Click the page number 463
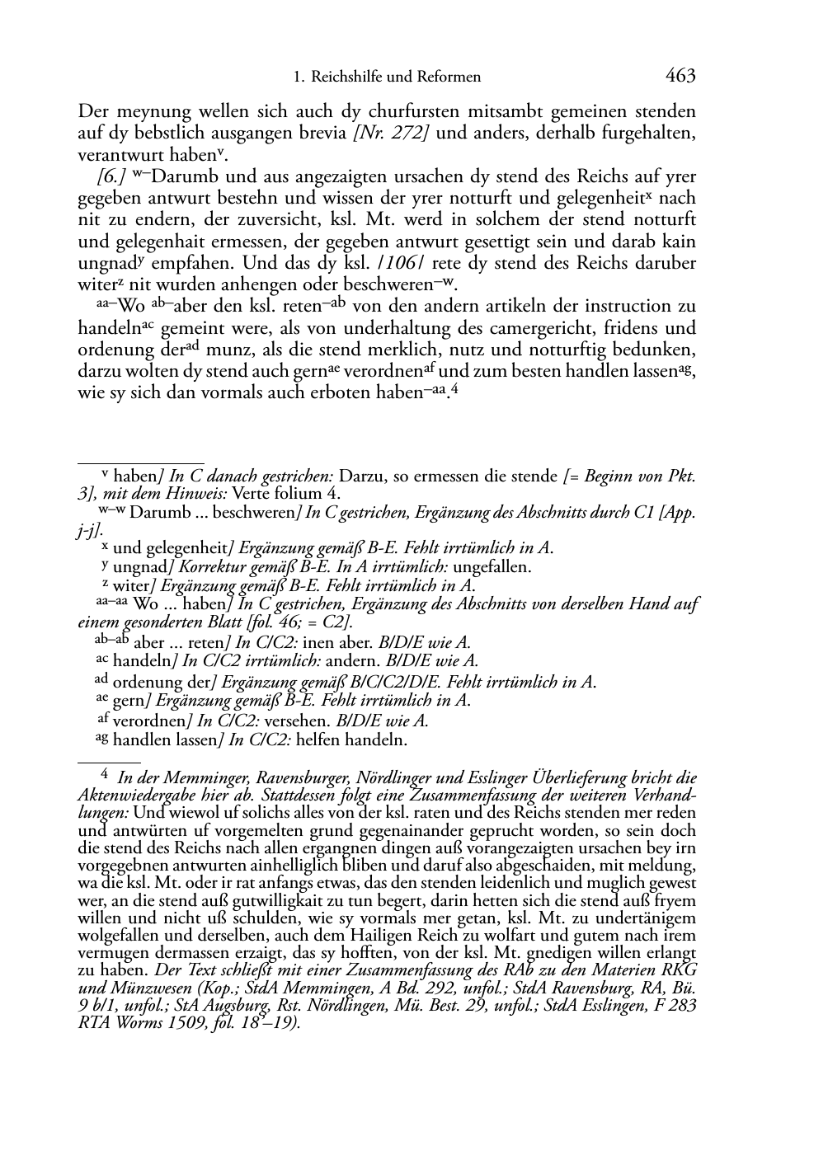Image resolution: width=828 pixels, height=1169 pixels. pos(680,77)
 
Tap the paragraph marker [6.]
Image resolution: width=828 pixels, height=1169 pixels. pos(111,176)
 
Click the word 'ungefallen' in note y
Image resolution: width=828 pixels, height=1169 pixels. pos(490,566)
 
